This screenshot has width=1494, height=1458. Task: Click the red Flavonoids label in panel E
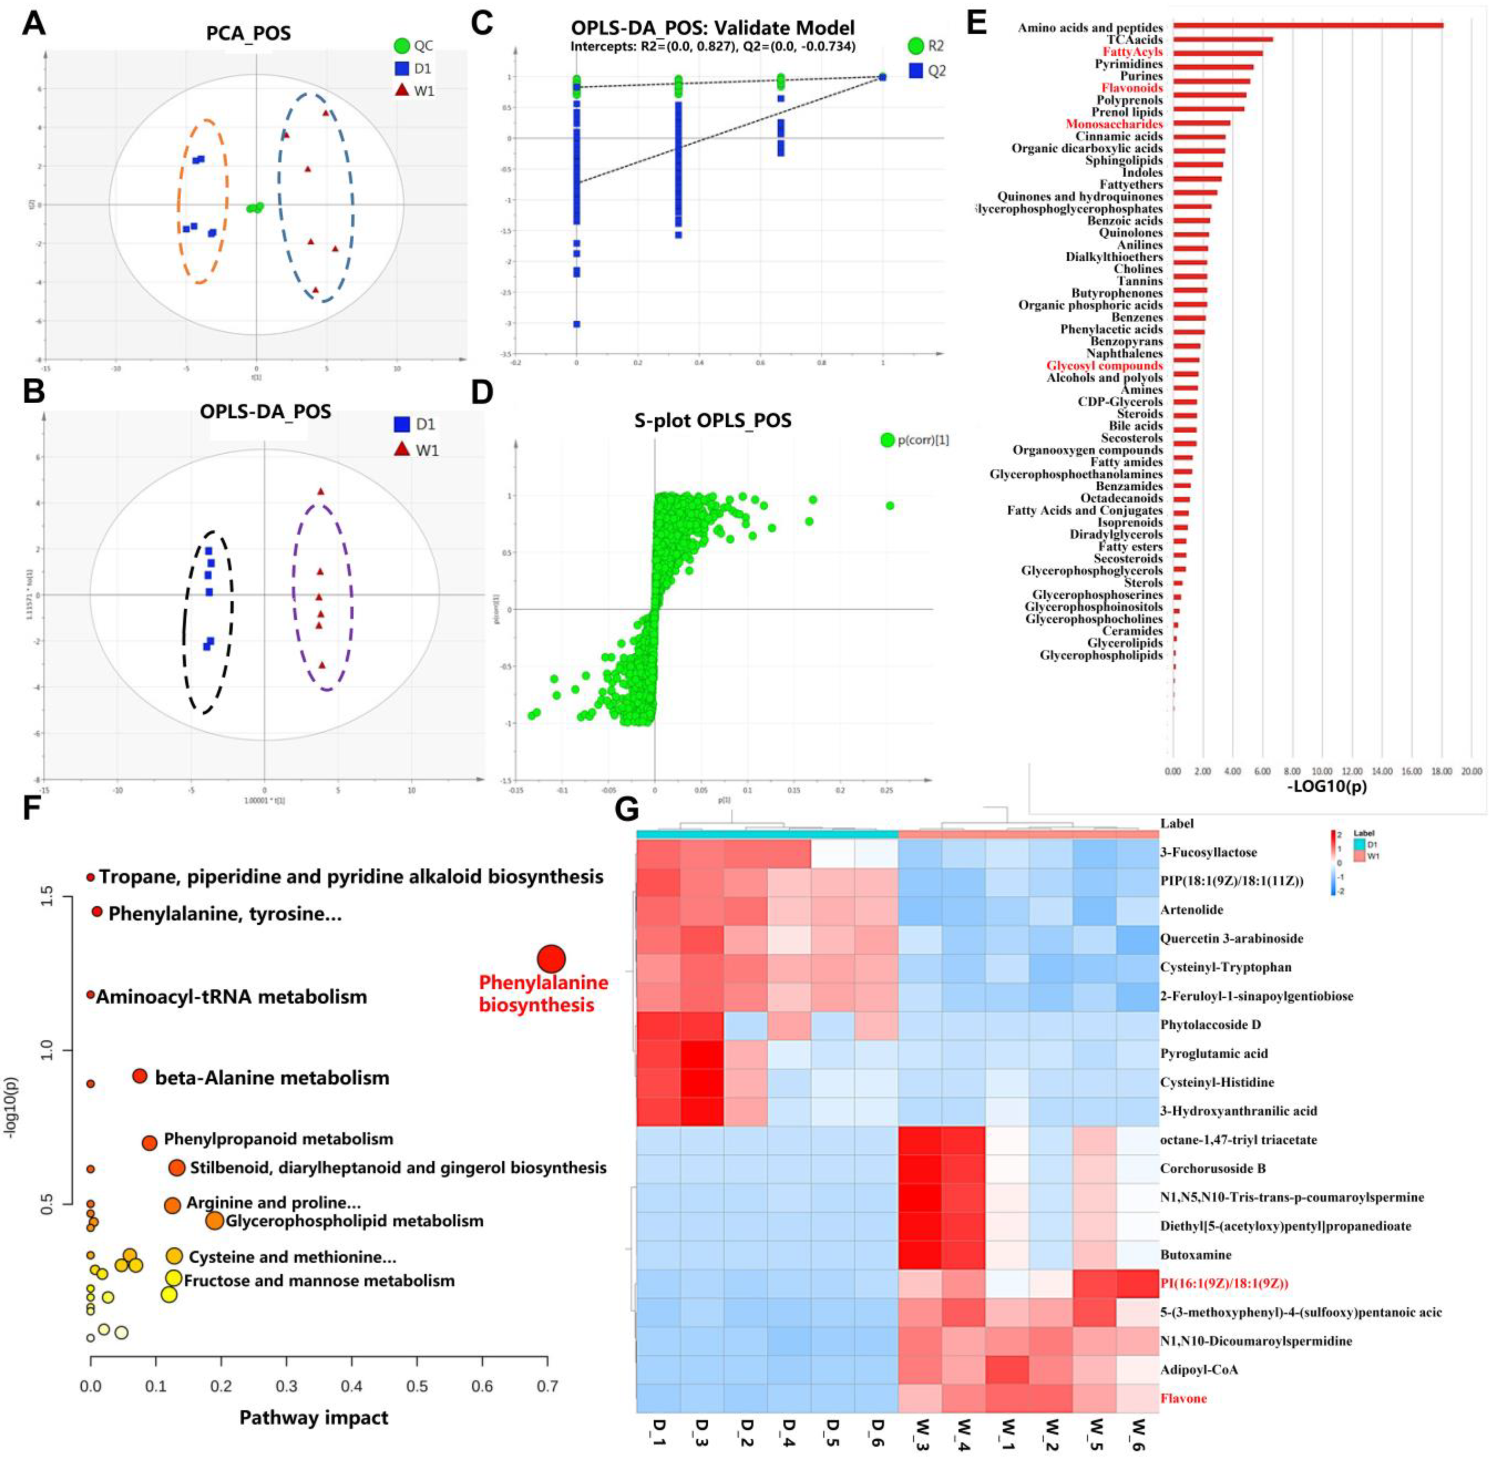[1132, 88]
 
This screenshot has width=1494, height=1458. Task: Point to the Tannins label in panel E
[1141, 281]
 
